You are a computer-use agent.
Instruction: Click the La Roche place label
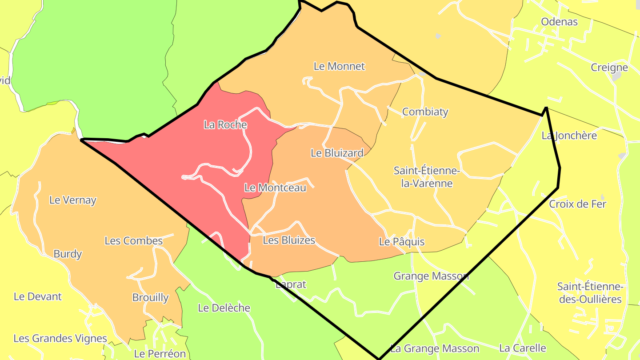tap(225, 125)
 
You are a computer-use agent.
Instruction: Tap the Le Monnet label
tap(339, 66)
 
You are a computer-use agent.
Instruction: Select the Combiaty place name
tap(425, 112)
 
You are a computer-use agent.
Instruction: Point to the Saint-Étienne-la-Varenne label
tap(427, 177)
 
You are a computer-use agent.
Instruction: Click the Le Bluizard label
tap(337, 153)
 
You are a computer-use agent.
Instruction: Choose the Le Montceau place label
tap(275, 188)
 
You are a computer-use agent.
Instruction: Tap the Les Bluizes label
tap(289, 240)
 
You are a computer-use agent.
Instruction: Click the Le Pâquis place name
tap(402, 242)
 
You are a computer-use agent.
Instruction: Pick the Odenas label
tap(559, 22)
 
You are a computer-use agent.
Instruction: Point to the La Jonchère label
tap(569, 136)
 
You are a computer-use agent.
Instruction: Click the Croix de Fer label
tap(578, 204)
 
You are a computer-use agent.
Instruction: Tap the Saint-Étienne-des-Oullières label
tap(590, 293)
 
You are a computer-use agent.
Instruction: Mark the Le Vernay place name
tap(73, 200)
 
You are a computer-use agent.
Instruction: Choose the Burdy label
tap(68, 254)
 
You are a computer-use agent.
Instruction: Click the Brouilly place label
tap(150, 297)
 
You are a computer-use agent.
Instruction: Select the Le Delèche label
tap(224, 308)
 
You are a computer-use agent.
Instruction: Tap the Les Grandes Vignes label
tap(60, 338)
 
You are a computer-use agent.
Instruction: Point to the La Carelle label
tap(522, 348)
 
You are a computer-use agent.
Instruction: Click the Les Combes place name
tap(134, 241)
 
